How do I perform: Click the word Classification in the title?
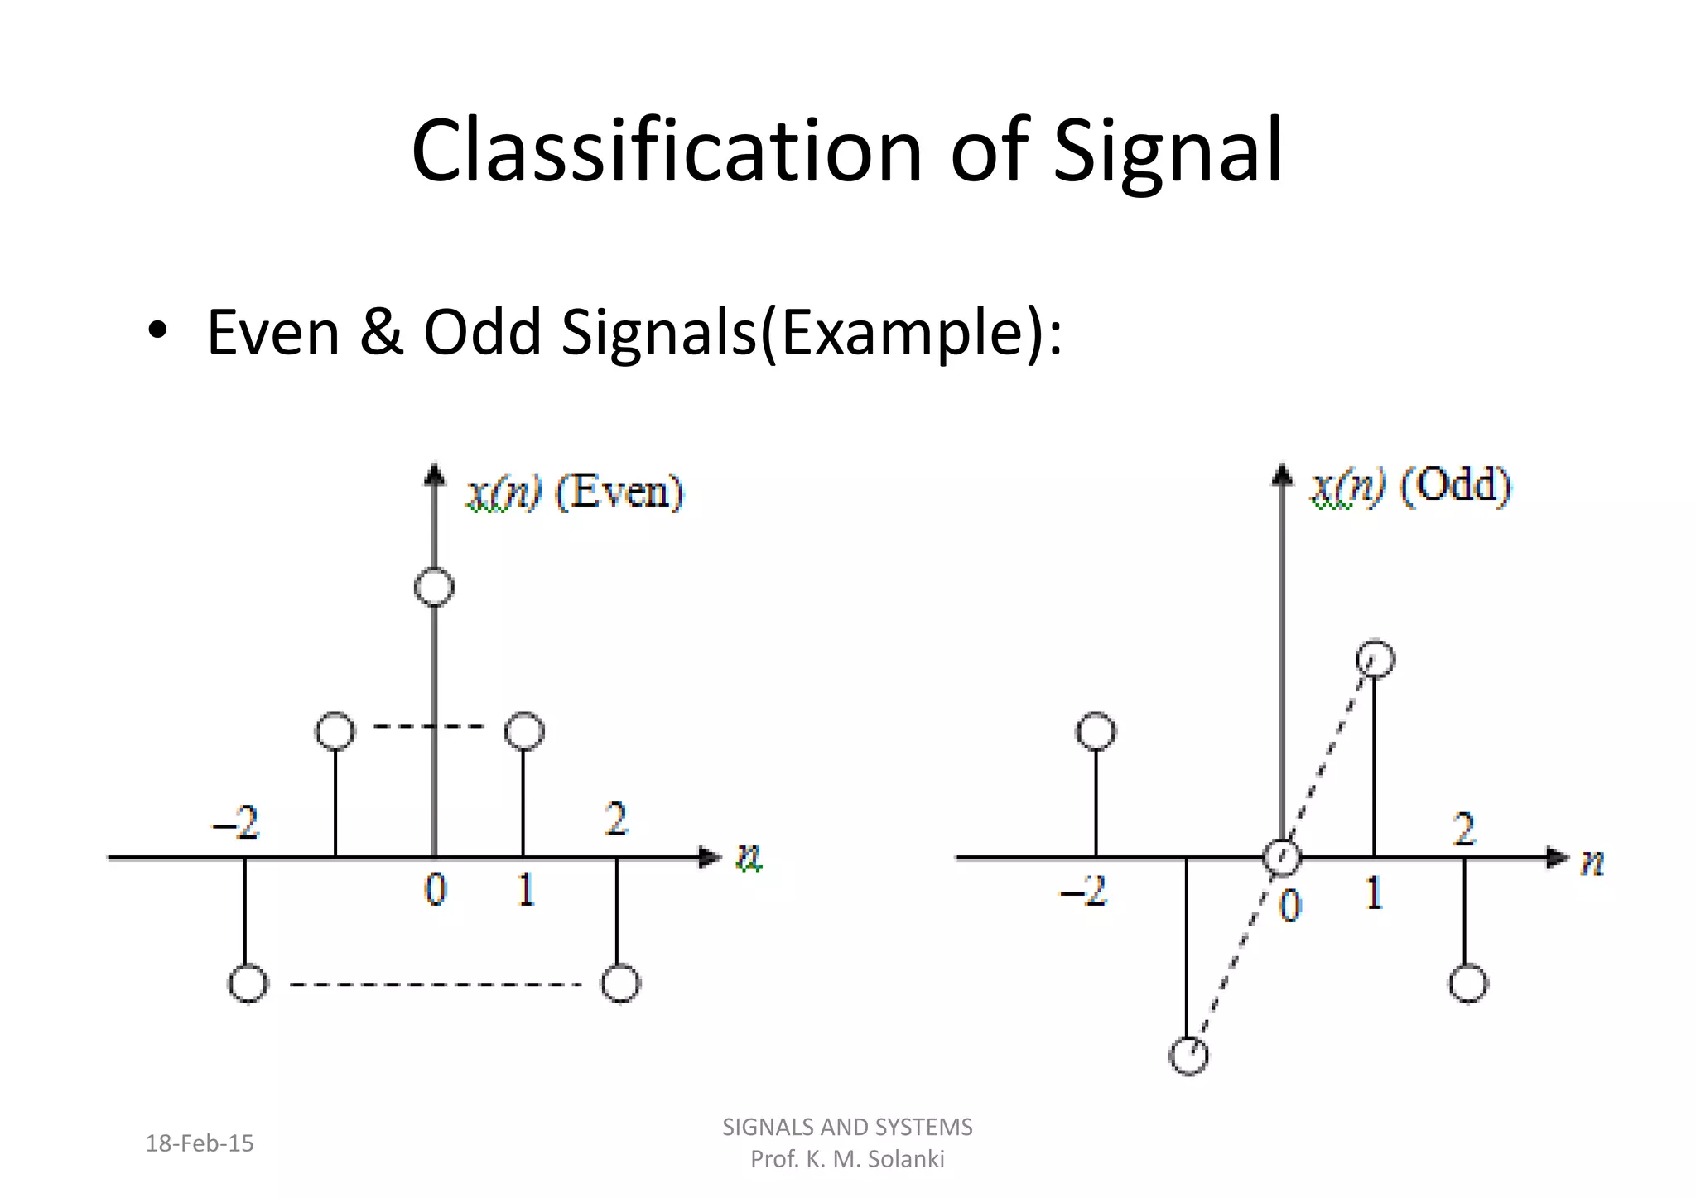click(x=667, y=151)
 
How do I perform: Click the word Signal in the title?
click(x=1168, y=151)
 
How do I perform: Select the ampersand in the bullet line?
click(x=382, y=332)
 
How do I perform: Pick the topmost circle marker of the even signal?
click(x=434, y=587)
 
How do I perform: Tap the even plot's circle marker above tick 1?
click(x=524, y=731)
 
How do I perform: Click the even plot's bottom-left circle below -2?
click(x=248, y=984)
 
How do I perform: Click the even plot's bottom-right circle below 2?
click(x=620, y=984)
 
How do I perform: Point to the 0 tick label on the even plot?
click(x=435, y=891)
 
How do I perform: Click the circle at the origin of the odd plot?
click(x=1282, y=857)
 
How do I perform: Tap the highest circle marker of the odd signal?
click(x=1375, y=659)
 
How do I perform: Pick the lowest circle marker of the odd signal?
click(x=1188, y=1056)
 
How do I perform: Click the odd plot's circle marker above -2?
click(x=1096, y=731)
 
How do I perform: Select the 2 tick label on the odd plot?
click(x=1464, y=829)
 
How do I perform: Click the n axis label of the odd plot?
click(x=1592, y=862)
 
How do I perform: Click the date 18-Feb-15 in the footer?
click(x=200, y=1143)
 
